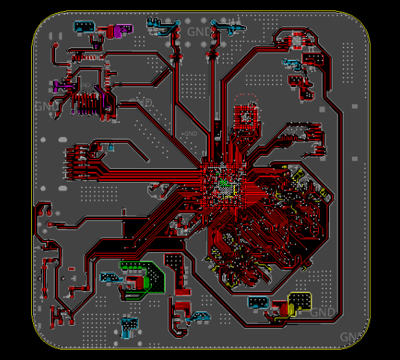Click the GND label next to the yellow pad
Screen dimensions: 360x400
coord(323,313)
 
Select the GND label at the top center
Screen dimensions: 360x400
coord(197,31)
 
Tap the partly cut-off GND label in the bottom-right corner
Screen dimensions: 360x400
coord(350,337)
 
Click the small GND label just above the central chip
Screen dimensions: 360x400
coord(190,134)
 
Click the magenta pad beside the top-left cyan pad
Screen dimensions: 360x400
coord(119,30)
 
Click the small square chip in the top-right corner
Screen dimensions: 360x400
coord(299,40)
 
